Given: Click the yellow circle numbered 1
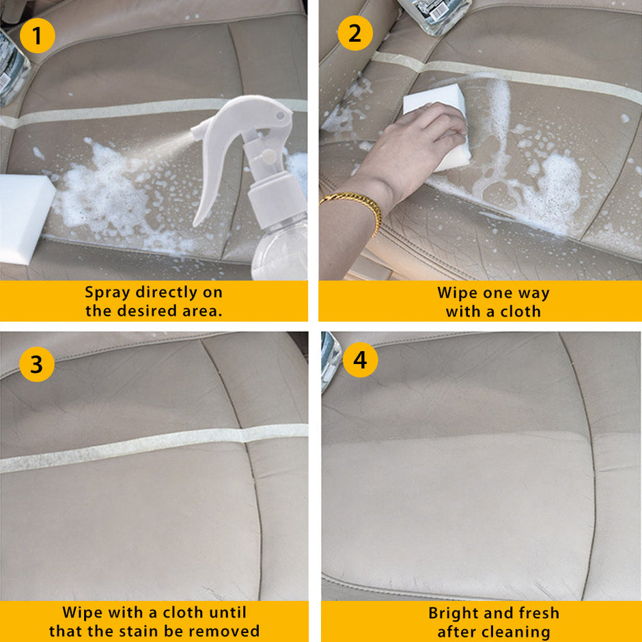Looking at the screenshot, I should pos(37,36).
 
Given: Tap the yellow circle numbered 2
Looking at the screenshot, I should pos(354,33).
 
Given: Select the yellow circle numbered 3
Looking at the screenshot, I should pos(36,364).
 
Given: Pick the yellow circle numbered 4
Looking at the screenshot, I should pos(359,360).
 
